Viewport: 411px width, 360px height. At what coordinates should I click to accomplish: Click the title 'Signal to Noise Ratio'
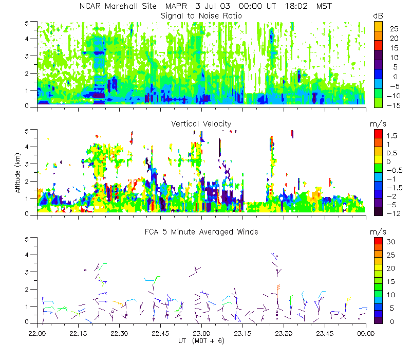click(201, 16)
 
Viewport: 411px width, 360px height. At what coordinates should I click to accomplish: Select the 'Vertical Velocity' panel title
click(201, 123)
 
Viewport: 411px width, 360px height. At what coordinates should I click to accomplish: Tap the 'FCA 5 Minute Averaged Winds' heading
click(201, 232)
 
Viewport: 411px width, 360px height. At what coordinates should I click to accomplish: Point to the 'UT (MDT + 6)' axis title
click(201, 340)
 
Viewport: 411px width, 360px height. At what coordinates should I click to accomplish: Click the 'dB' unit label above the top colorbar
click(378, 16)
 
